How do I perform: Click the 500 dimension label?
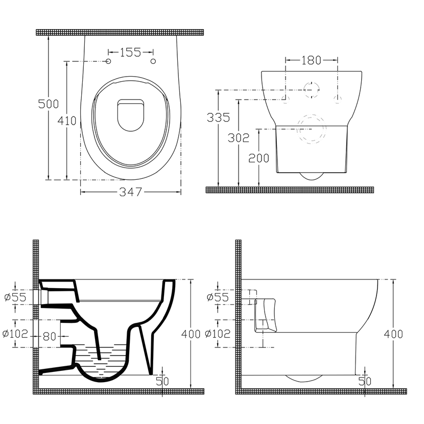(49, 104)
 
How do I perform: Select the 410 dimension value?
(67, 121)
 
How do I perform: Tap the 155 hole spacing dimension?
(130, 52)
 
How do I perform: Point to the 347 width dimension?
(131, 192)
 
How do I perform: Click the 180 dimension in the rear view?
(311, 60)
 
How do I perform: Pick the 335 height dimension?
(218, 117)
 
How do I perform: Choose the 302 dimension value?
(238, 138)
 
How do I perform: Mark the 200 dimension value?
(259, 158)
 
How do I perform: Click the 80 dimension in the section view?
(49, 337)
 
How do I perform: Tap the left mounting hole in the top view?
(108, 61)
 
